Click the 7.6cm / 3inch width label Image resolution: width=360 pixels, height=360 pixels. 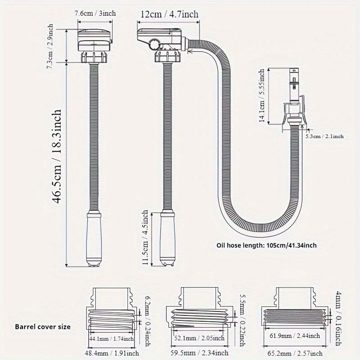tap(95, 13)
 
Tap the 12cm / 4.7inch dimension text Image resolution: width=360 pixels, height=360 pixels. tap(169, 14)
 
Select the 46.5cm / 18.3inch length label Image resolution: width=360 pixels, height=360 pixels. tap(57, 157)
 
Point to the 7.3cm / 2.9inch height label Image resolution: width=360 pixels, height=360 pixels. tap(50, 46)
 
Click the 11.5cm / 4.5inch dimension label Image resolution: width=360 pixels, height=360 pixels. tap(145, 237)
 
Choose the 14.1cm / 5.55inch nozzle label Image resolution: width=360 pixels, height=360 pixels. tap(262, 96)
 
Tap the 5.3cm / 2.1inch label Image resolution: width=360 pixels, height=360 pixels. tap(324, 136)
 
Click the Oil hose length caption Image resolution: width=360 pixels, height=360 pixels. tap(266, 245)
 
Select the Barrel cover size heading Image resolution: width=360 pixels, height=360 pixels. tap(43, 327)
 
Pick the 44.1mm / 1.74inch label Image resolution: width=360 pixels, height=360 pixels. tap(112, 338)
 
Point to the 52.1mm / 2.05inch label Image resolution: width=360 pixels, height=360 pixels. tap(199, 338)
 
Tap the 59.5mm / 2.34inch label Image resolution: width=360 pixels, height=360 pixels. tap(199, 353)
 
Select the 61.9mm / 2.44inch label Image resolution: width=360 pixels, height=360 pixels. tap(295, 336)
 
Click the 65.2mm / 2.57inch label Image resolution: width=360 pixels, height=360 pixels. tap(295, 353)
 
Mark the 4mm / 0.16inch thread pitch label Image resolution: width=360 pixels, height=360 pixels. tap(338, 319)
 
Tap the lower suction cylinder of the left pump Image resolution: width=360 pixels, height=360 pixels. tap(94, 239)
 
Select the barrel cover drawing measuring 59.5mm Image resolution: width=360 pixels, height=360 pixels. tap(199, 308)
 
